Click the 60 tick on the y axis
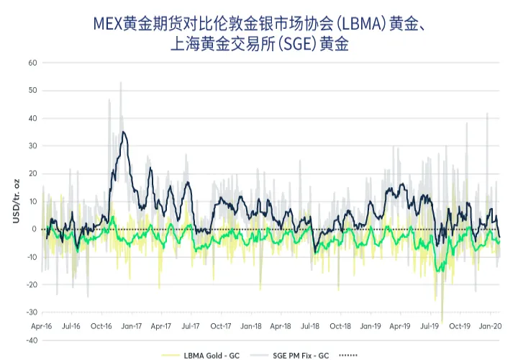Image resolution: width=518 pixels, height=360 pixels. [x=32, y=63]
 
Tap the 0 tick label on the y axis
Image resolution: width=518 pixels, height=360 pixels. [x=34, y=229]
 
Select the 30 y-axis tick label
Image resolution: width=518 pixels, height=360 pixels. [x=32, y=146]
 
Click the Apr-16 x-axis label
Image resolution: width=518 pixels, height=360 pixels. [x=42, y=326]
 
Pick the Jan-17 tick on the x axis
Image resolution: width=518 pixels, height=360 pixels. [x=132, y=326]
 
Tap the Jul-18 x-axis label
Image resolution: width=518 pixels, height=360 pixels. [x=310, y=326]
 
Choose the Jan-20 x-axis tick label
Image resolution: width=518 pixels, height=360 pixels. [x=490, y=326]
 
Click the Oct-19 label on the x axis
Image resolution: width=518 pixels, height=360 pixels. [x=460, y=326]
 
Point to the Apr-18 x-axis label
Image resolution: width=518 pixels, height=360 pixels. [x=281, y=326]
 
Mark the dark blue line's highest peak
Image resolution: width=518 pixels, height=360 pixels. [x=124, y=132]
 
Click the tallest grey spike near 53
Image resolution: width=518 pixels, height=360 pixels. [x=120, y=82]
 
